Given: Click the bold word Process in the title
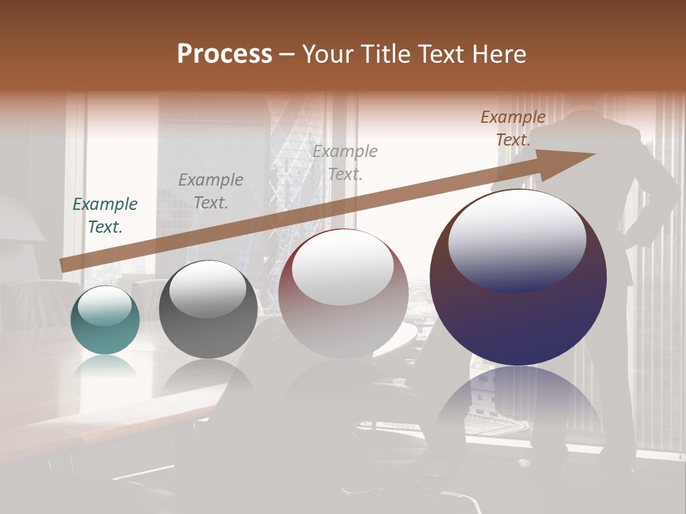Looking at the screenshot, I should point(224,54).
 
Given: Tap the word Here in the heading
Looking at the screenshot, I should point(498,54).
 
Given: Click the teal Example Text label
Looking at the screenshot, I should point(105,216).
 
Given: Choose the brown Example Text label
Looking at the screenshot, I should point(513,128).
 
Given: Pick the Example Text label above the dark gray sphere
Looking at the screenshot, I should point(211,191).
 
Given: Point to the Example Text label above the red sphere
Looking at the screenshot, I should point(345,162).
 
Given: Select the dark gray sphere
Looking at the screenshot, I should point(208,314).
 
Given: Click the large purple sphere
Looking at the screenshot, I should point(518,314).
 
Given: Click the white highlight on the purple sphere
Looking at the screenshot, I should point(517,239).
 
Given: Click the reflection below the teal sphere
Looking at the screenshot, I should point(105,366).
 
